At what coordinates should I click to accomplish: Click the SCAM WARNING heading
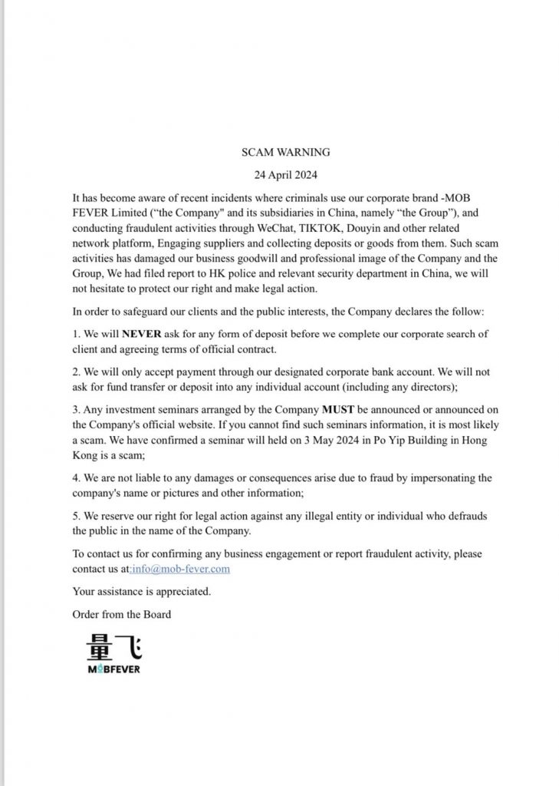[279, 153]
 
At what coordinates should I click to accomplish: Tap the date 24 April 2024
[279, 175]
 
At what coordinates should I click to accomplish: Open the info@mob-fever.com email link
[181, 569]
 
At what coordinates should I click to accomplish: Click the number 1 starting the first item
[75, 335]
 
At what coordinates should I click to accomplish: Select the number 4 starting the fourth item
[75, 478]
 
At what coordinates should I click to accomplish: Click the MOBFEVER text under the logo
[113, 669]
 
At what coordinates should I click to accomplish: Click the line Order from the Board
[122, 614]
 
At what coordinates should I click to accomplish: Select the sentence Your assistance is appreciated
[141, 591]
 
